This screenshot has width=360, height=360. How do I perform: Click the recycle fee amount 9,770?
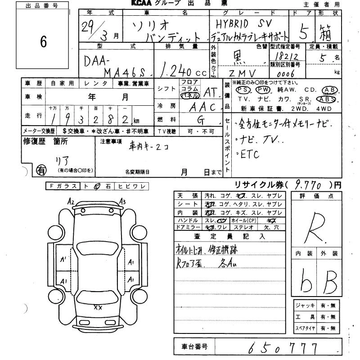coord(309,184)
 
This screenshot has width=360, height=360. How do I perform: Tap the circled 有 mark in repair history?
coord(40,170)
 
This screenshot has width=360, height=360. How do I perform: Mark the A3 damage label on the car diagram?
coord(123,202)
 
